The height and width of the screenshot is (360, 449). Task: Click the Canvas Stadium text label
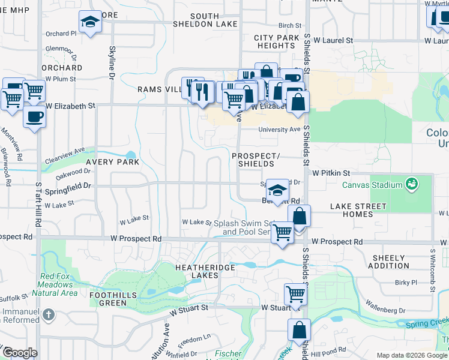tap(372, 184)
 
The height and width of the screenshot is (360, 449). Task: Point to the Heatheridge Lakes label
tap(202, 271)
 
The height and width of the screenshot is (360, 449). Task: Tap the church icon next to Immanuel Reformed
tap(49, 314)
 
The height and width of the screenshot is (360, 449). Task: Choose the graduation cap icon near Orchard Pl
tap(90, 22)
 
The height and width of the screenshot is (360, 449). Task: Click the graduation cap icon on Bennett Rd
tap(277, 190)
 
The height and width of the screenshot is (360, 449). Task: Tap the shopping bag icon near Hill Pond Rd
tap(299, 329)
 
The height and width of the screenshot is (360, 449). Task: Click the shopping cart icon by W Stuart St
tap(295, 294)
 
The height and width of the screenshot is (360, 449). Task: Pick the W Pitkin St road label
tap(331, 172)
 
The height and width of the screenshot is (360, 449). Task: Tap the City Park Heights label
tap(276, 41)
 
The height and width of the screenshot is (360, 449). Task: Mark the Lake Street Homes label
tap(358, 211)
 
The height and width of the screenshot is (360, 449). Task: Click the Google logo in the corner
tap(19, 353)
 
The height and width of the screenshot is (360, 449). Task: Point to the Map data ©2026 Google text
tap(412, 355)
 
